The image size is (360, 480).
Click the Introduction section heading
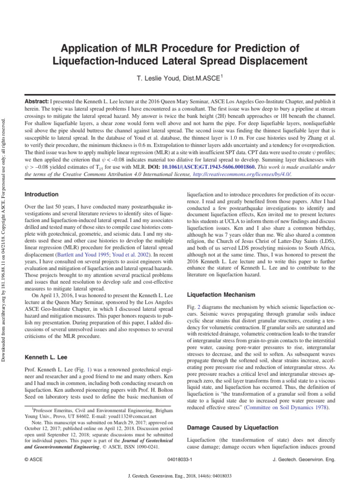click(41, 194)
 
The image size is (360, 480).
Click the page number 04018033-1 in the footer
click(180, 460)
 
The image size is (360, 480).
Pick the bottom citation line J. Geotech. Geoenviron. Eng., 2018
click(180, 475)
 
